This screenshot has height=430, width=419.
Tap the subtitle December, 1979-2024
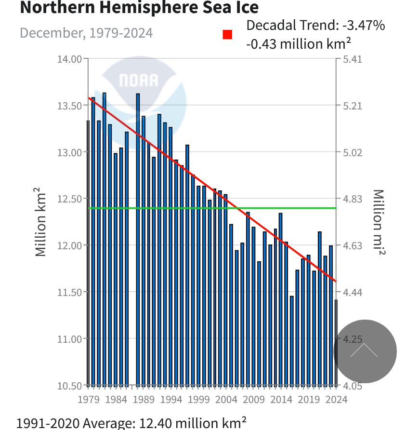tap(86, 33)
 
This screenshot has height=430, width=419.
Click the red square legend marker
tap(227, 35)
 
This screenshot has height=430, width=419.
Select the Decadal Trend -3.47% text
tap(315, 26)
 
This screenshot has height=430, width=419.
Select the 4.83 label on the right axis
tap(353, 199)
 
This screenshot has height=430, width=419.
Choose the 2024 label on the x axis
tap(336, 399)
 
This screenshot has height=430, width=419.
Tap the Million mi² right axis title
tap(379, 222)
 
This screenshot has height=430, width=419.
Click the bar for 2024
tap(336, 342)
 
